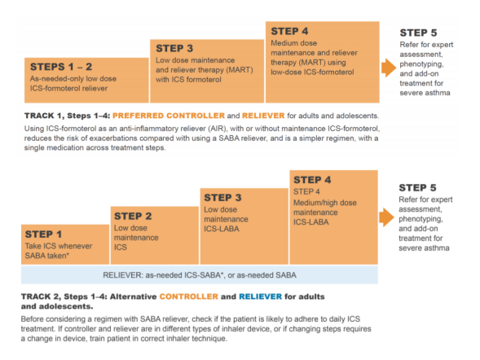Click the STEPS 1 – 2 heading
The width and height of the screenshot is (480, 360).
click(x=61, y=67)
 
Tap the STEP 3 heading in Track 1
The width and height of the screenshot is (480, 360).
click(x=174, y=48)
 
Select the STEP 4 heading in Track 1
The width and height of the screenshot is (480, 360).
click(x=289, y=31)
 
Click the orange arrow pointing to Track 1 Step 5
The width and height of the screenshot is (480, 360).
click(x=389, y=68)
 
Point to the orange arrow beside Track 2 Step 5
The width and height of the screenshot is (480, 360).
click(x=386, y=217)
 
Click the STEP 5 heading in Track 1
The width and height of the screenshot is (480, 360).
click(x=418, y=33)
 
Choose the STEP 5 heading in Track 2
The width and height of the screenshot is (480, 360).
click(x=417, y=187)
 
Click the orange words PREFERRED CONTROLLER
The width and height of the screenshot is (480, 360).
click(x=169, y=116)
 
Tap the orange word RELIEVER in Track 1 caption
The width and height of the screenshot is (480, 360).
click(x=263, y=116)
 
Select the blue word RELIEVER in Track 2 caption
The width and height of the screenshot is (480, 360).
click(x=260, y=296)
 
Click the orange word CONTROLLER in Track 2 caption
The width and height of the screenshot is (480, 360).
click(x=189, y=296)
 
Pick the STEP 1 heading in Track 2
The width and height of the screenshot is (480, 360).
click(x=43, y=235)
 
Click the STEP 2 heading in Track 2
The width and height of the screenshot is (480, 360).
click(x=133, y=217)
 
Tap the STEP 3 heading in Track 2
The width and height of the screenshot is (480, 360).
click(x=222, y=198)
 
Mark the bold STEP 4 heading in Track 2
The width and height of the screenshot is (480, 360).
click(x=312, y=180)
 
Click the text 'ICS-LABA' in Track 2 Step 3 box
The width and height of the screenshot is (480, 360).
click(x=222, y=229)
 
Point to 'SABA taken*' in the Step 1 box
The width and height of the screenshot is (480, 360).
click(x=46, y=256)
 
